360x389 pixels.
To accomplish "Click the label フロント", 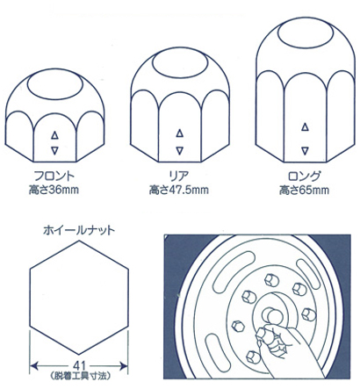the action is click(x=54, y=176).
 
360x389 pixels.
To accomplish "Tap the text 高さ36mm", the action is click(x=54, y=190).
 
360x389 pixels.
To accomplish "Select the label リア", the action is click(x=179, y=176).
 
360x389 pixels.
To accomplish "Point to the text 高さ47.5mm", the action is click(x=179, y=190).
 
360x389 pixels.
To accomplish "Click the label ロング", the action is click(x=305, y=176).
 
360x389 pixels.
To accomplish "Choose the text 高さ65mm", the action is click(x=304, y=191).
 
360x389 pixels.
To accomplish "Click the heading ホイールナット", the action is click(x=79, y=230).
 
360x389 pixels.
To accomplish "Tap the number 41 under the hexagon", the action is click(x=79, y=365).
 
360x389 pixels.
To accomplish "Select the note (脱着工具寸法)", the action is click(x=80, y=376).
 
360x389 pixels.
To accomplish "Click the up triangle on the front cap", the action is click(x=54, y=135).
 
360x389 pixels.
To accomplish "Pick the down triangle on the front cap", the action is click(x=54, y=151).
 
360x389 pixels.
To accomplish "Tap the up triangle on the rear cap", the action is click(x=180, y=133).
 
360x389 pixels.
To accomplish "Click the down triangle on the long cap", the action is click(x=305, y=151).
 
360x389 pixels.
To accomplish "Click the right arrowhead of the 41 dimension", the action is click(x=124, y=366).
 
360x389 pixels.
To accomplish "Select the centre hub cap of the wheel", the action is click(x=271, y=314).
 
